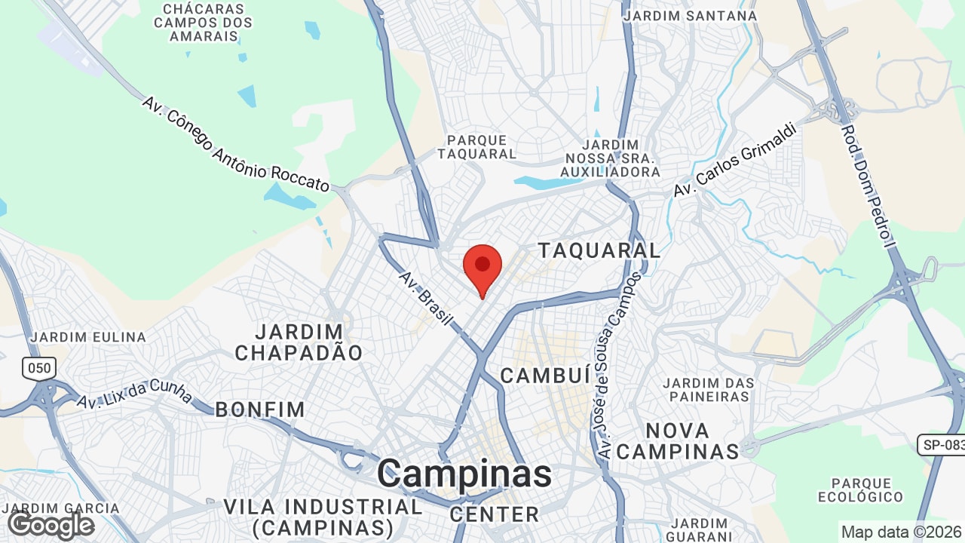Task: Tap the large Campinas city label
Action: click(464, 474)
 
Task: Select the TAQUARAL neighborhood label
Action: click(599, 250)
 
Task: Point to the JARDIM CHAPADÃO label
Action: click(299, 342)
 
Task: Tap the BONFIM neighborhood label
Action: click(260, 410)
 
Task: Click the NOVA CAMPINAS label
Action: click(678, 441)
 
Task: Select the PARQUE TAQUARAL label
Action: click(481, 147)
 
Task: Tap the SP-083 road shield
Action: click(942, 444)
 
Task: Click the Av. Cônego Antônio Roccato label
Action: click(235, 143)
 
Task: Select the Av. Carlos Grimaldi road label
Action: click(735, 159)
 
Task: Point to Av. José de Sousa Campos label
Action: click(619, 366)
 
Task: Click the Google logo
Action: click(51, 525)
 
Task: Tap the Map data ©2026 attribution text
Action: click(902, 532)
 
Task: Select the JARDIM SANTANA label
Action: click(691, 15)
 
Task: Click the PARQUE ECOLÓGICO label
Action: click(860, 489)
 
